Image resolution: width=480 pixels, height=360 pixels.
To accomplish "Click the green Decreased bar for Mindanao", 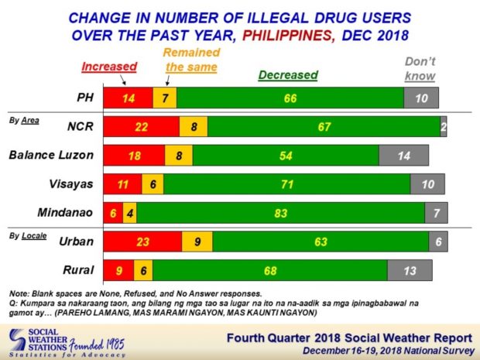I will (x=281, y=212).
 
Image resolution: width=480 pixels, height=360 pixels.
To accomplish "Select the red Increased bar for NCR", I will (x=142, y=126).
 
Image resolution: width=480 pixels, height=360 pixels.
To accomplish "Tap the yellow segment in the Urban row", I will (x=197, y=242).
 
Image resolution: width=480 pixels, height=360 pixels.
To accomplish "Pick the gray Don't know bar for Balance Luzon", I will (x=403, y=155).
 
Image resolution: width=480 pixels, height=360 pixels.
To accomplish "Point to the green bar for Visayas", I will (x=287, y=183).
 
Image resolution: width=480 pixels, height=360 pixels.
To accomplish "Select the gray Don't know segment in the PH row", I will (x=421, y=98).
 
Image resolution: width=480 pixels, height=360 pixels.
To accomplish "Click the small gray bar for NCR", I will (x=443, y=126).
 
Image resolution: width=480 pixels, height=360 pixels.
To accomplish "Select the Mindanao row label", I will (x=67, y=212).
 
